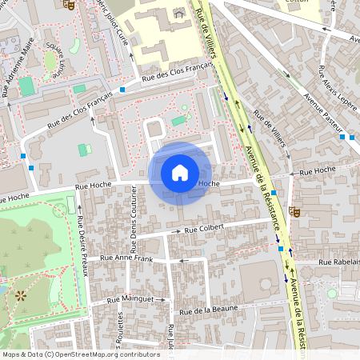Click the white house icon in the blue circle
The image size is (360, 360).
tap(180, 172)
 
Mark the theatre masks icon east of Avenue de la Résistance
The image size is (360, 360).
tap(295, 212)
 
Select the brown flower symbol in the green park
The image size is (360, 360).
tap(20, 295)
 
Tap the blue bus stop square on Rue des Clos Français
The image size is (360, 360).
tap(122, 90)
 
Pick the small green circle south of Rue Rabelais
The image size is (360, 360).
tap(332, 294)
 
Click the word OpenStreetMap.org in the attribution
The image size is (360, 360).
tap(94, 354)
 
